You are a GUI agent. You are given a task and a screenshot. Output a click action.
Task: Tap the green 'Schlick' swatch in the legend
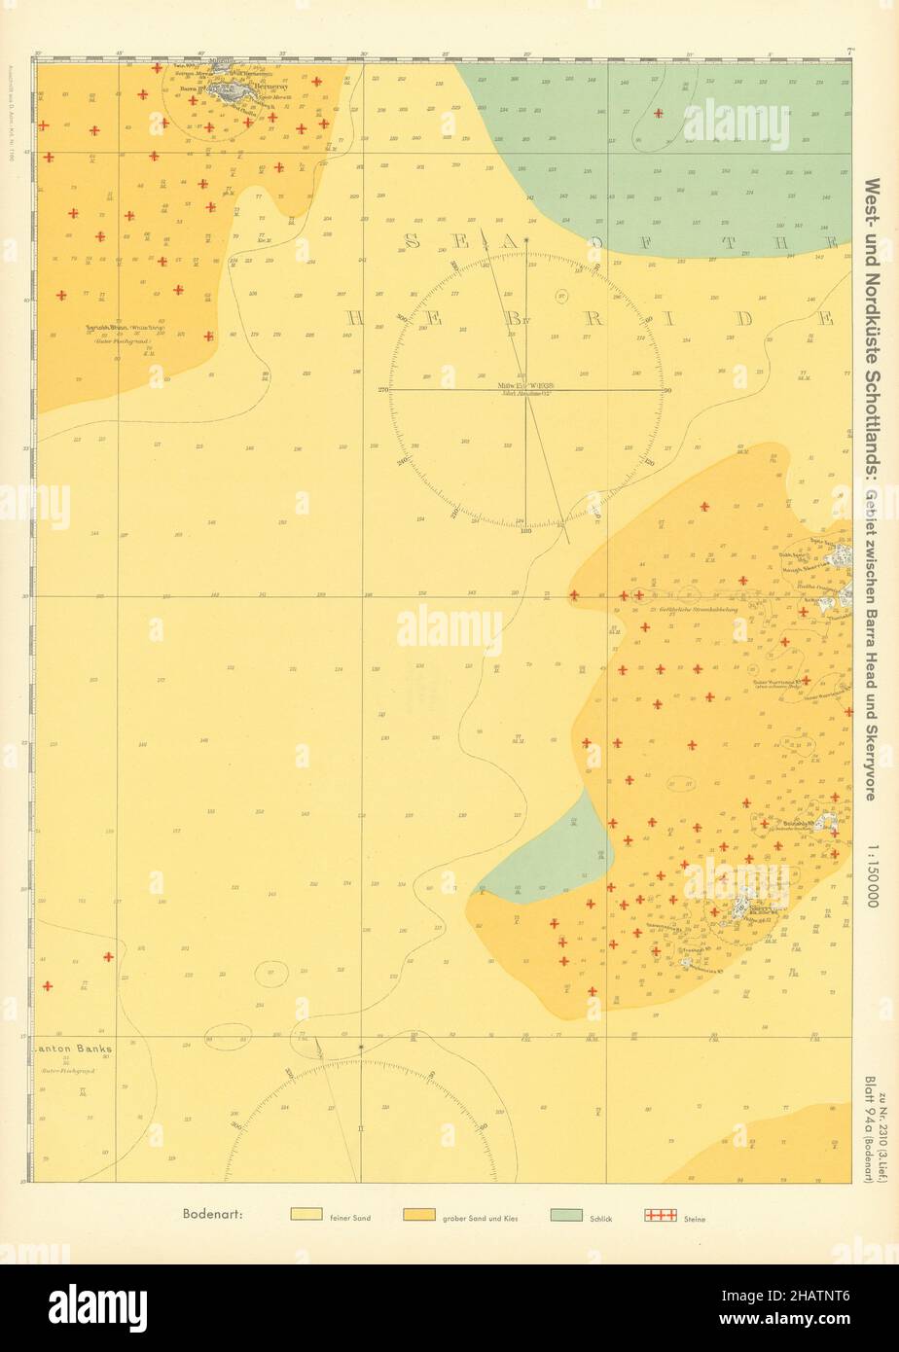pyautogui.click(x=565, y=1215)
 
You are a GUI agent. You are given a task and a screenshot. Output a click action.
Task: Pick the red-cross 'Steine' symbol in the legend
pyautogui.click(x=661, y=1215)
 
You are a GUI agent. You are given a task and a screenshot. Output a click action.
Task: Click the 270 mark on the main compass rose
pyautogui.click(x=383, y=389)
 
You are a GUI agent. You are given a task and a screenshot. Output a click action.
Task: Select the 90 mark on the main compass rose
pyautogui.click(x=667, y=389)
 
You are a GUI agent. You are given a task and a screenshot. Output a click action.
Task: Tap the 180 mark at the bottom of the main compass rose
pyautogui.click(x=526, y=531)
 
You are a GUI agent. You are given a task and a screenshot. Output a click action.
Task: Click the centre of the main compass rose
pyautogui.click(x=526, y=389)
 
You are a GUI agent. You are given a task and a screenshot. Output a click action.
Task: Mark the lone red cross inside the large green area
pyautogui.click(x=659, y=113)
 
